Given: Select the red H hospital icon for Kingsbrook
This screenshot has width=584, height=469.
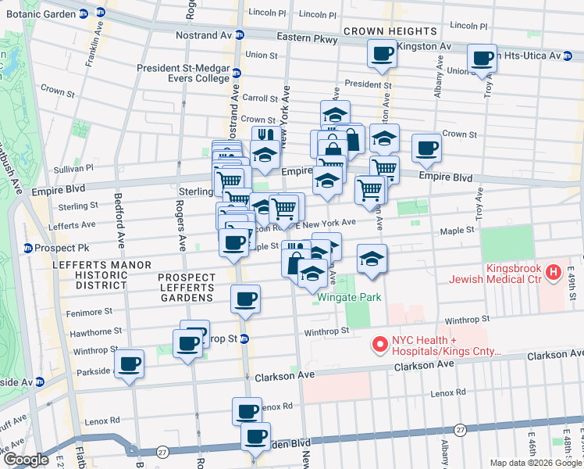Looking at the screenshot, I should [554, 273].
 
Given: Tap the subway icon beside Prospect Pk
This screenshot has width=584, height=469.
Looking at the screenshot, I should [28, 249].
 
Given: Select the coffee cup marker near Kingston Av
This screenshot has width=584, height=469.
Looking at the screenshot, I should [382, 54].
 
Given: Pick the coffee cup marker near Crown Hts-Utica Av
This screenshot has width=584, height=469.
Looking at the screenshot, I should [482, 57].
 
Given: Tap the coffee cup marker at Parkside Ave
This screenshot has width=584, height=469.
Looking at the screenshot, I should [129, 363].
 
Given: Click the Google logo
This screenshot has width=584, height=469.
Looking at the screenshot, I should [26, 460].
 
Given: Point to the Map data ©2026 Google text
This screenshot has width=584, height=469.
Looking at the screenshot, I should [536, 463].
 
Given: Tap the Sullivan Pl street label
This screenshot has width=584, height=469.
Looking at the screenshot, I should [73, 168].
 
